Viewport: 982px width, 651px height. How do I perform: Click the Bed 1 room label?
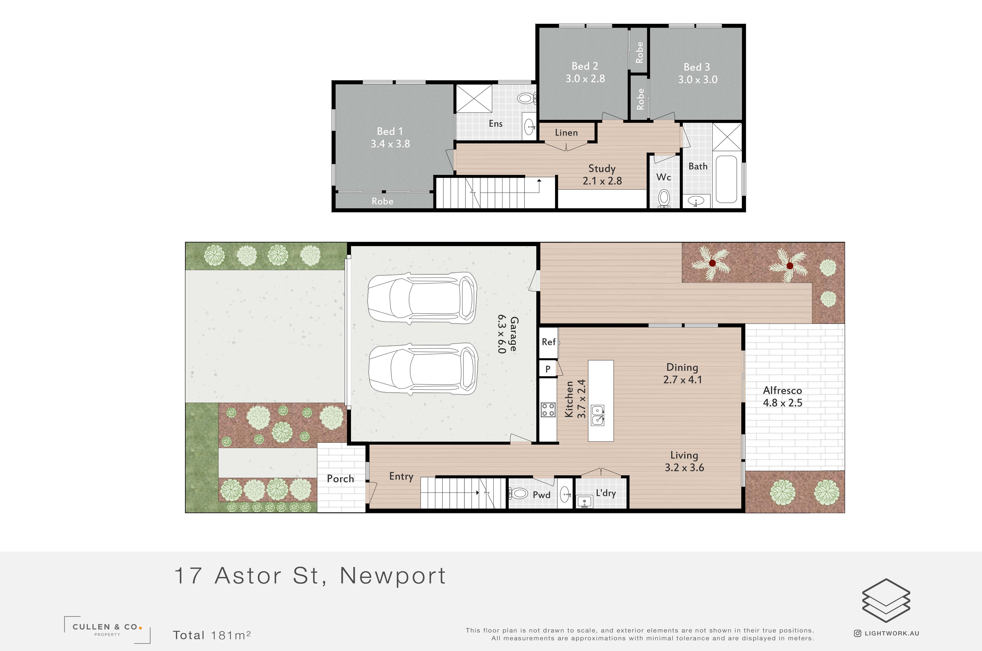[389, 131]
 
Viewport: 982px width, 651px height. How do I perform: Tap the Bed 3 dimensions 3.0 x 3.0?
[698, 79]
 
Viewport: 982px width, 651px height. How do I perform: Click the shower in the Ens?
[474, 98]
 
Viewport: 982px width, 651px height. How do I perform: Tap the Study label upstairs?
[602, 168]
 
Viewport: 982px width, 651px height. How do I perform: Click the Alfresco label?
[782, 390]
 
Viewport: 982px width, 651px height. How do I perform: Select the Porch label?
[340, 479]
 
